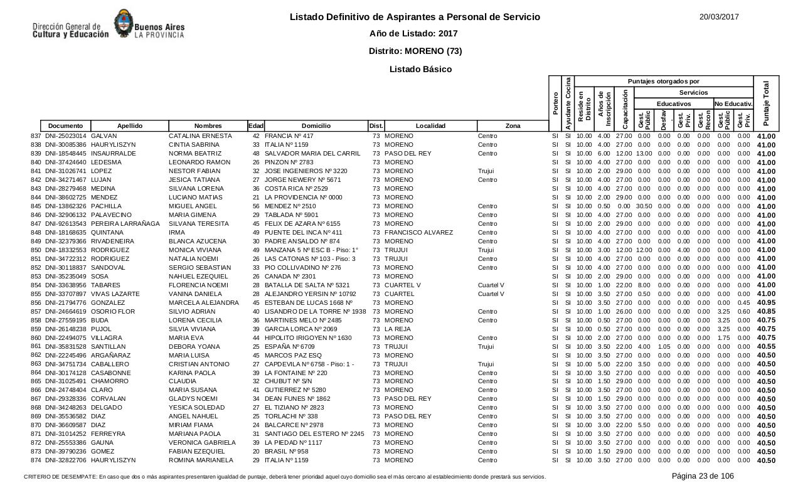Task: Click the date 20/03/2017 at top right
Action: click(x=719, y=17)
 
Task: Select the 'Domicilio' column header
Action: click(x=316, y=126)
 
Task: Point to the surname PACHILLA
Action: click(x=107, y=206)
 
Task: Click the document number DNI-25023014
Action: click(x=66, y=136)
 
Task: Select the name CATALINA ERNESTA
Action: click(x=200, y=136)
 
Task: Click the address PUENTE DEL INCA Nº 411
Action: click(x=304, y=233)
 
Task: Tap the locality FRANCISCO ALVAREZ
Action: click(x=418, y=233)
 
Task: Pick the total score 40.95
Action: click(x=766, y=303)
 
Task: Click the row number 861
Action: click(x=36, y=346)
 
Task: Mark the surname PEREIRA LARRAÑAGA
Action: click(x=125, y=224)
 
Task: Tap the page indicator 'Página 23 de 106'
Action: click(x=703, y=476)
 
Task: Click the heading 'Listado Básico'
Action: click(x=420, y=69)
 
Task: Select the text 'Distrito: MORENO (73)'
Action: click(x=415, y=51)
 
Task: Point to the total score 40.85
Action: click(x=766, y=312)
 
